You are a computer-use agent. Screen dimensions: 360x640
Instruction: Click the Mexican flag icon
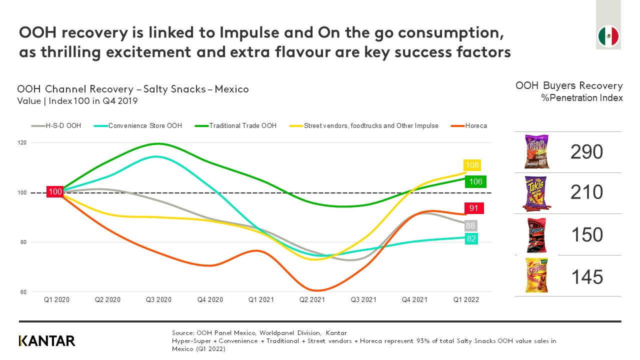[608, 36]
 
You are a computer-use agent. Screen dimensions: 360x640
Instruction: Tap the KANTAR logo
[47, 341]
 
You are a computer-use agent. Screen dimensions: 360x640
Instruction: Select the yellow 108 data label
[472, 165]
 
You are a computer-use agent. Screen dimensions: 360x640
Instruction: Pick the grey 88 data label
[470, 225]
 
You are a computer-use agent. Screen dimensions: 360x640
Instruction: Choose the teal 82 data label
[471, 239]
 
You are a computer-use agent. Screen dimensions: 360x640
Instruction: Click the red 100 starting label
[55, 192]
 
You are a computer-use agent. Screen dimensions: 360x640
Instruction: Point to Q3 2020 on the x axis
[158, 300]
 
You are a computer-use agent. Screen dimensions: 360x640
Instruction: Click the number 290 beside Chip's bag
[586, 152]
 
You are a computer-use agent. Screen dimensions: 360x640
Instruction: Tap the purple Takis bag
[536, 193]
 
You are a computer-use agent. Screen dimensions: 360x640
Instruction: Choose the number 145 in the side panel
[586, 276]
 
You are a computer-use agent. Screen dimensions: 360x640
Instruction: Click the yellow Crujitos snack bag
[536, 275]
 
